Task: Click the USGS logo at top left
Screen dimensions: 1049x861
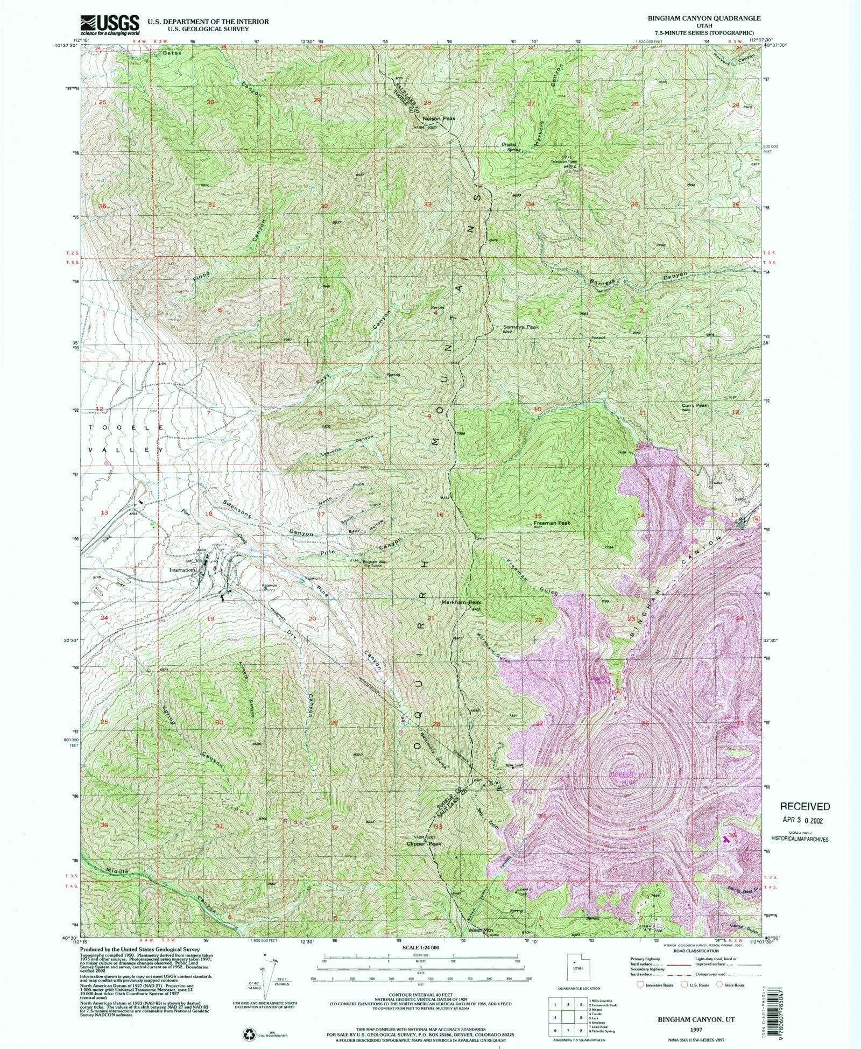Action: [x=110, y=24]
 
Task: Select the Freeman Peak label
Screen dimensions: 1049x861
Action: [x=552, y=523]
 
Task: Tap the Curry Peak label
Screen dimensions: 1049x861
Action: [x=694, y=405]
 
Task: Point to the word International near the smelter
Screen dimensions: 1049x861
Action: [x=182, y=569]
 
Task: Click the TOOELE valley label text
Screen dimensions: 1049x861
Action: [x=123, y=427]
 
